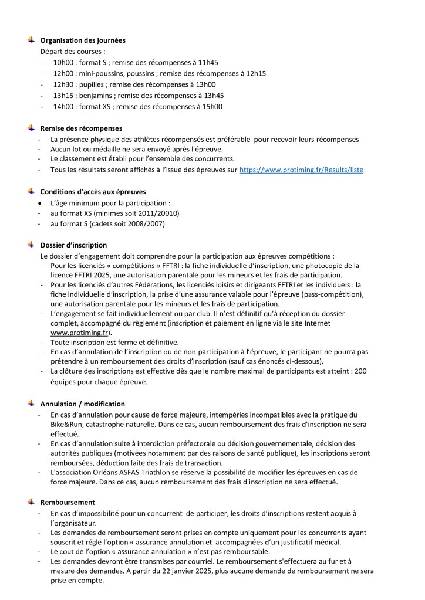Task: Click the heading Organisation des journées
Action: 82,40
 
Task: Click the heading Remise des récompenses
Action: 81,128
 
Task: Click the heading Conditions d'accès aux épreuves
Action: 93,191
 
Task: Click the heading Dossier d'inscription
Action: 73,245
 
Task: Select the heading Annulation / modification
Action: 82,404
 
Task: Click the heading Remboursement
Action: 68,503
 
